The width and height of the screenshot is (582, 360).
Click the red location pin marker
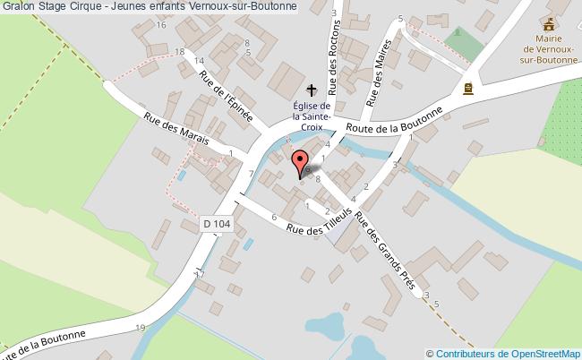[300, 163]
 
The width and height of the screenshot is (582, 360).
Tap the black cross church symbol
[312, 90]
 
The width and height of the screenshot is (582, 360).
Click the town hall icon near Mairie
[466, 88]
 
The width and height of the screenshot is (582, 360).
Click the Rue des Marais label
[177, 129]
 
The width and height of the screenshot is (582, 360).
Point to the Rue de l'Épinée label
[227, 96]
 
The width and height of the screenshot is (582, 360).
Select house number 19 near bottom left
[141, 328]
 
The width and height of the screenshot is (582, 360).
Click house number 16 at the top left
[161, 24]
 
